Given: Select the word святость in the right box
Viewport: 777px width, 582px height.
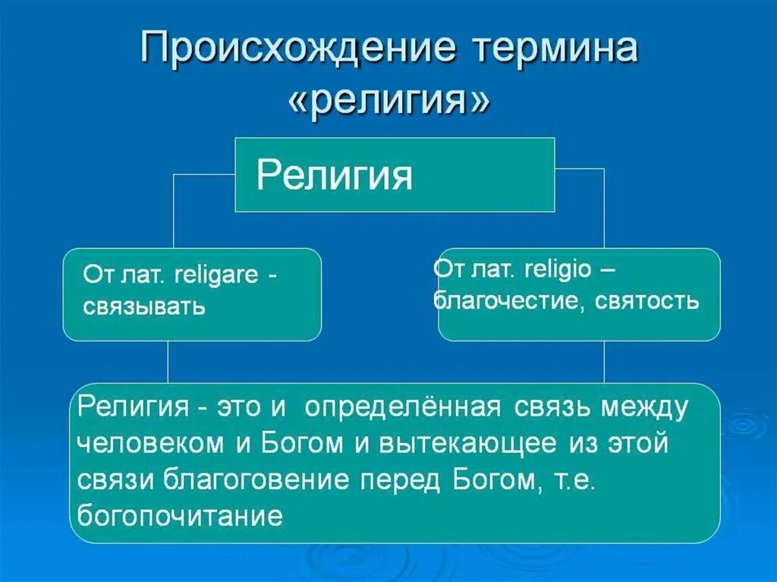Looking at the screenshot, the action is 646,301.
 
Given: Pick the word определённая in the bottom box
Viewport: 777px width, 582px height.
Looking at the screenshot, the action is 402,407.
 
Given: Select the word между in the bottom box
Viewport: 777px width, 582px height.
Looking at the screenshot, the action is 646,407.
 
